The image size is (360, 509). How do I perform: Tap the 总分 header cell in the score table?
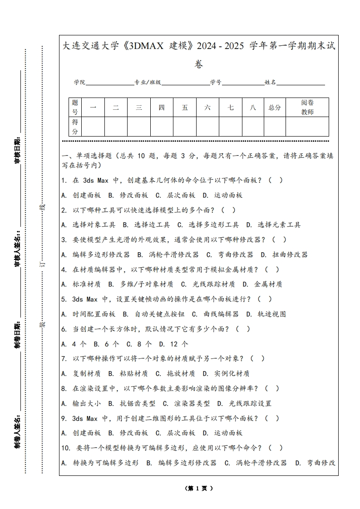coord(275,108)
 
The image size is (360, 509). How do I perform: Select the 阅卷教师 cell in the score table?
coord(307,108)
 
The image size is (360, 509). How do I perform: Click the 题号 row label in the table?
coord(75,108)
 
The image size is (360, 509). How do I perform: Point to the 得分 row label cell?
coord(75,127)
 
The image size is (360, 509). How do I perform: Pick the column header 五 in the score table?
coord(185,108)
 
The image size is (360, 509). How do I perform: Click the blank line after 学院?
coord(109,83)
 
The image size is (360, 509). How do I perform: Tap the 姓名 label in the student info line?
coord(271,83)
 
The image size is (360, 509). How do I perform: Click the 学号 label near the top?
coord(216,83)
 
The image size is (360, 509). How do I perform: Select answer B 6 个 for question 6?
coord(106,344)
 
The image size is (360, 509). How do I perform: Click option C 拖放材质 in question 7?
coord(175,374)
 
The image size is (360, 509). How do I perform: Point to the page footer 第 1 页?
coord(199,489)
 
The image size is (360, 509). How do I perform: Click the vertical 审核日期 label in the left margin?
coord(18,150)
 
